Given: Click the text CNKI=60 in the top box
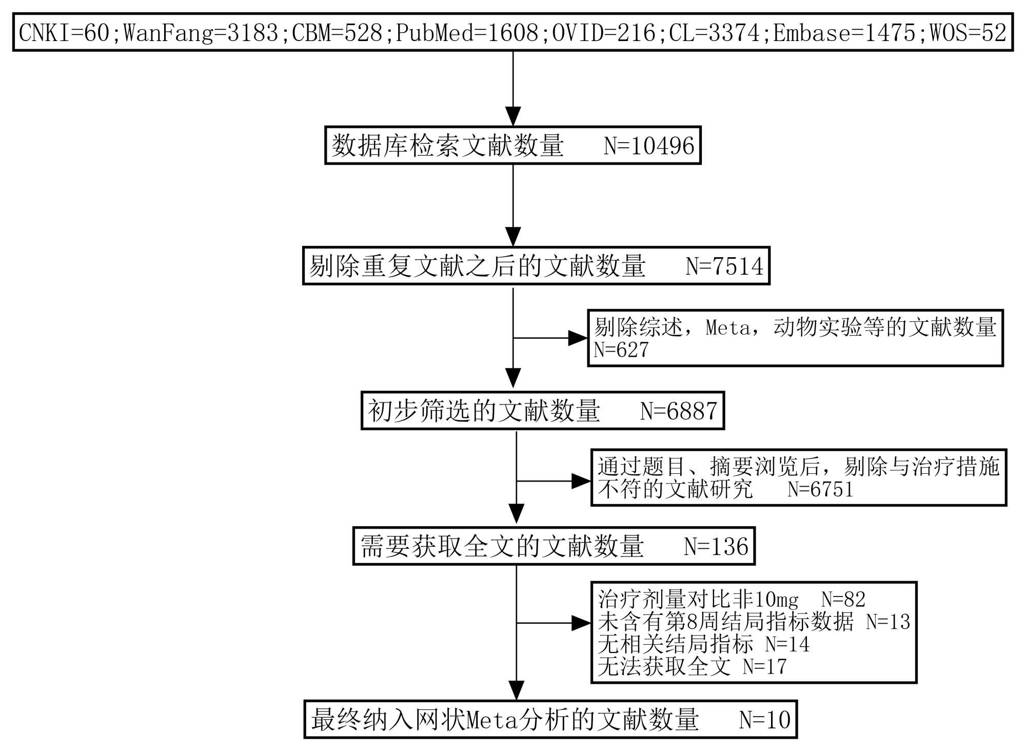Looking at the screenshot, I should click(x=64, y=33).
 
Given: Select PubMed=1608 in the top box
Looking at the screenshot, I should click(x=467, y=33).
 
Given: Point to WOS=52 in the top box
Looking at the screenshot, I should click(x=968, y=33).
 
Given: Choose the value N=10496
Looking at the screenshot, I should click(x=649, y=146).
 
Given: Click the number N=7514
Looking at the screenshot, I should click(x=724, y=266).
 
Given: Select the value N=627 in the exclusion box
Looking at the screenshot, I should click(x=621, y=350).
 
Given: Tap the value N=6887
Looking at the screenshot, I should click(x=679, y=411).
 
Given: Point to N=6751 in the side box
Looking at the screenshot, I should click(x=820, y=490).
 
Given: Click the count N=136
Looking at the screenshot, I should click(x=716, y=547).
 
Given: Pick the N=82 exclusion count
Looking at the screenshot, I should click(x=843, y=600).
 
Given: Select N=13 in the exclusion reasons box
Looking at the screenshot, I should click(x=888, y=622).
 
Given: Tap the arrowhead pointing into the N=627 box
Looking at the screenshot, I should click(x=578, y=338).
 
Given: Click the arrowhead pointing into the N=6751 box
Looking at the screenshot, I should click(x=581, y=482).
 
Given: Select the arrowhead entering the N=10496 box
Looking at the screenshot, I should click(x=513, y=116).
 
